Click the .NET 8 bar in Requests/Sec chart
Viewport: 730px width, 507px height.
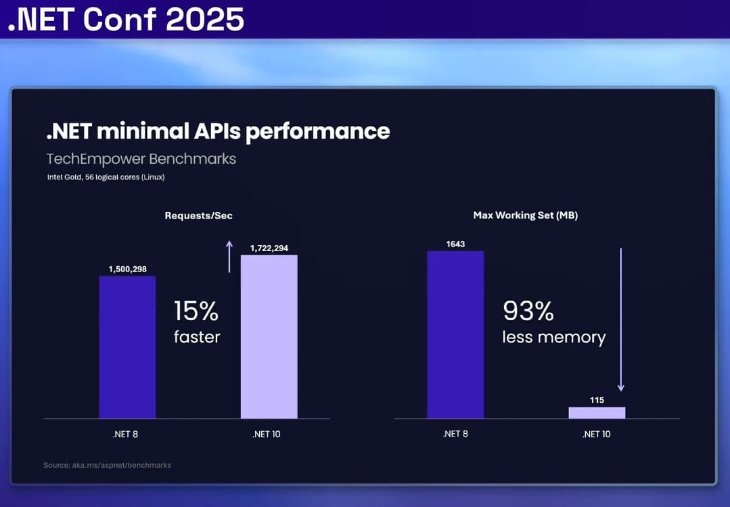[127, 347]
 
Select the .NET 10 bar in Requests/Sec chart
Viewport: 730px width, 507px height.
[269, 336]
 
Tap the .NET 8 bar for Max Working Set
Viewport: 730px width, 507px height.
[455, 334]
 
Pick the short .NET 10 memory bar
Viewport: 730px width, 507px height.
[597, 412]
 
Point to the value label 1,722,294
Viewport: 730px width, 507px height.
[269, 248]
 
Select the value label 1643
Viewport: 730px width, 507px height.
[455, 244]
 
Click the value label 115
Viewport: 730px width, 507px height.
[597, 400]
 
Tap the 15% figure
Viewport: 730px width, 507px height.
[196, 311]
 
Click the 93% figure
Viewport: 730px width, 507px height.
[528, 311]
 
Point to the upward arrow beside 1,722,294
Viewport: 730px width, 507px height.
[229, 257]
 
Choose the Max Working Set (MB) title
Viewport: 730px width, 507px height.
[525, 215]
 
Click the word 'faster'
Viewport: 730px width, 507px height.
[197, 336]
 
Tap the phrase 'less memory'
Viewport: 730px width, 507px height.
[553, 336]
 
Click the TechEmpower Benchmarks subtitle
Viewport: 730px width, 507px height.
[141, 159]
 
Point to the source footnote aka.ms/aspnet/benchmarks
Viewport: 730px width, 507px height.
[108, 465]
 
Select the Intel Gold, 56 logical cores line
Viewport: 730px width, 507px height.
[106, 177]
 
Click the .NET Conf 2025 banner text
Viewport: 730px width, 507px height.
[126, 20]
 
